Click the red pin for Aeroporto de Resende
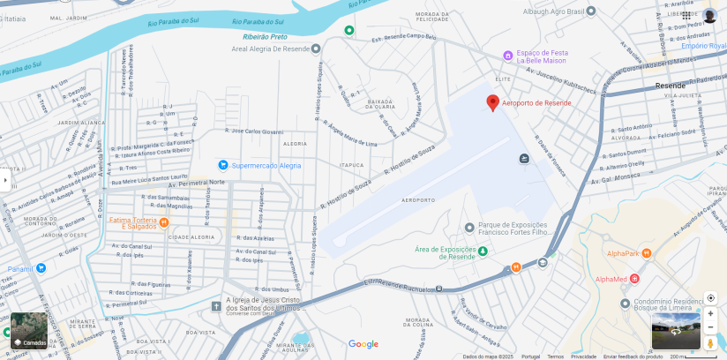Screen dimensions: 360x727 point(492,102)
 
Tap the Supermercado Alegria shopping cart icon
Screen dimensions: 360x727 point(223,165)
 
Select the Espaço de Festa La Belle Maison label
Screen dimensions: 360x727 point(542,56)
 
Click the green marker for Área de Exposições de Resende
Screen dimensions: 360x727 point(483,251)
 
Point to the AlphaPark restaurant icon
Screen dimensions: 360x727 point(647,253)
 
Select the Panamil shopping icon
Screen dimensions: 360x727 point(41,268)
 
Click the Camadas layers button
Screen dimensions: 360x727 point(29,331)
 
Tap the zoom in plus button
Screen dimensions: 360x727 point(710,313)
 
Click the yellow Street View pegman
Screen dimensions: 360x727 point(710,342)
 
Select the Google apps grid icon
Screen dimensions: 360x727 point(686,15)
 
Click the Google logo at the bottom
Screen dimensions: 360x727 point(363,344)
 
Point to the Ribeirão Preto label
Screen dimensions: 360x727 point(266,37)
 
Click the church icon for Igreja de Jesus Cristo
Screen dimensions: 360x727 point(216,306)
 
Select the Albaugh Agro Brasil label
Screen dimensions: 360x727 point(553,11)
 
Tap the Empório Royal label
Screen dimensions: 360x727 point(703,45)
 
